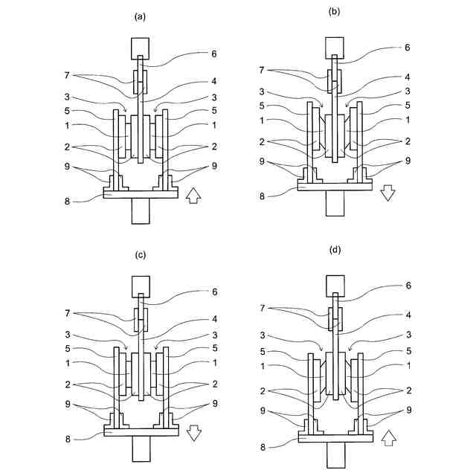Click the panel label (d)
pyautogui.click(x=335, y=250)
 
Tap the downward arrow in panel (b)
pyautogui.click(x=388, y=193)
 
